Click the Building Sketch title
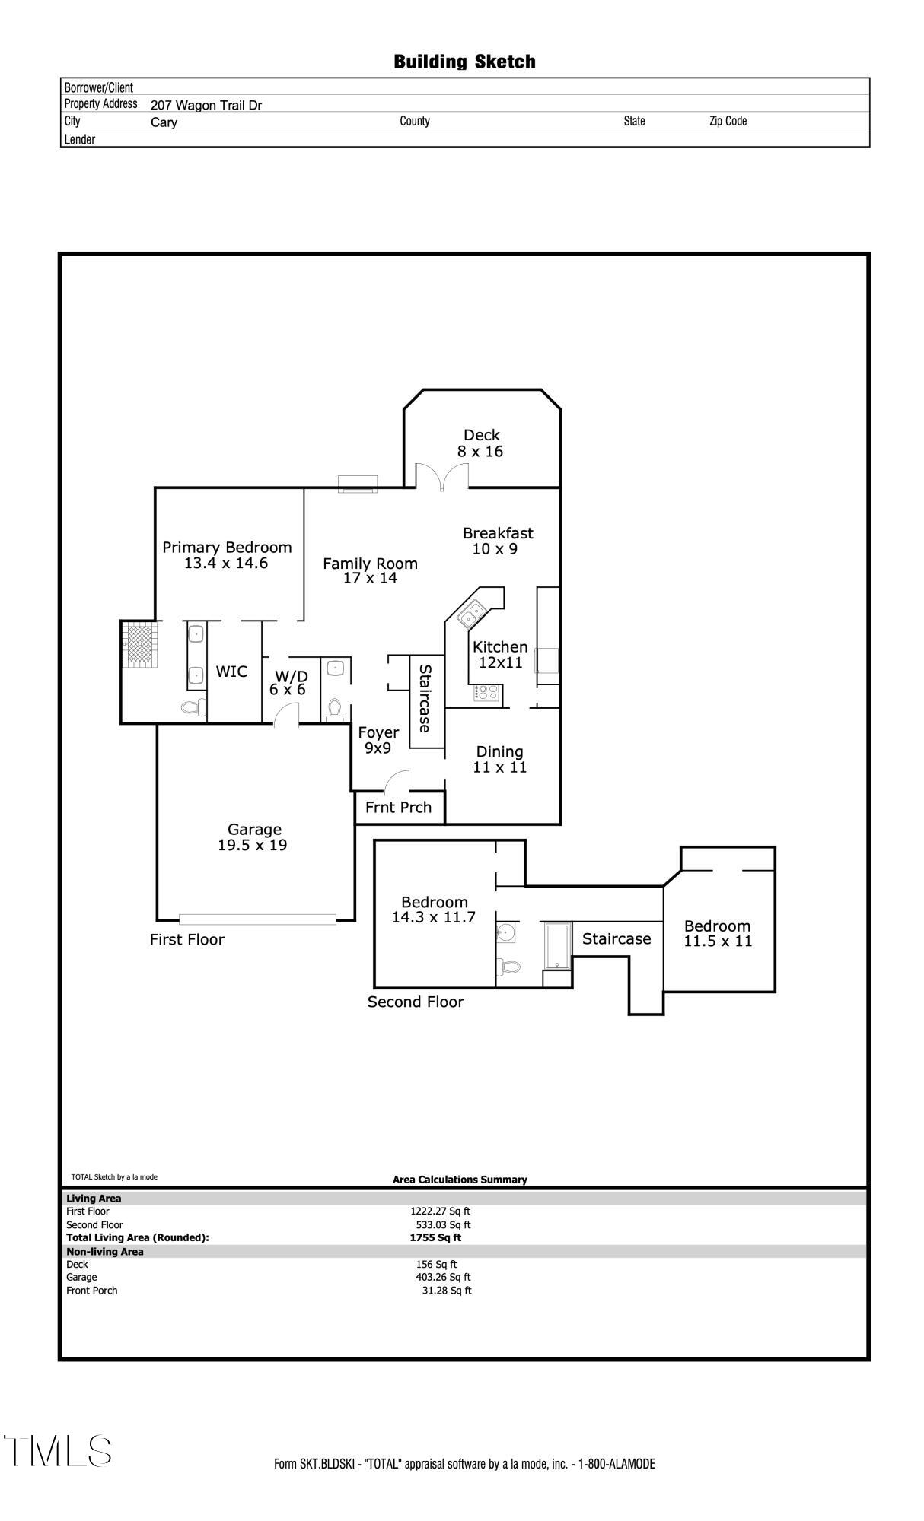click(464, 62)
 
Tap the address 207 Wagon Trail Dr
click(206, 105)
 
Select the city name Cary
click(164, 122)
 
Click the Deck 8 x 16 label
click(481, 443)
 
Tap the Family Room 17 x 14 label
click(370, 570)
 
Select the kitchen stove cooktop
click(487, 692)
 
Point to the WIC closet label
click(231, 672)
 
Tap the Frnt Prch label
click(398, 807)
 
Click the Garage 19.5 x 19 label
click(253, 837)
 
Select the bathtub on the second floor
click(558, 946)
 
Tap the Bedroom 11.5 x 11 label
click(718, 933)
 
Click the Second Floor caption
click(416, 1002)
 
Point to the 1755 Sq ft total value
click(435, 1237)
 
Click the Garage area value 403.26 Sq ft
click(443, 1277)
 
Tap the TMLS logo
click(57, 1450)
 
